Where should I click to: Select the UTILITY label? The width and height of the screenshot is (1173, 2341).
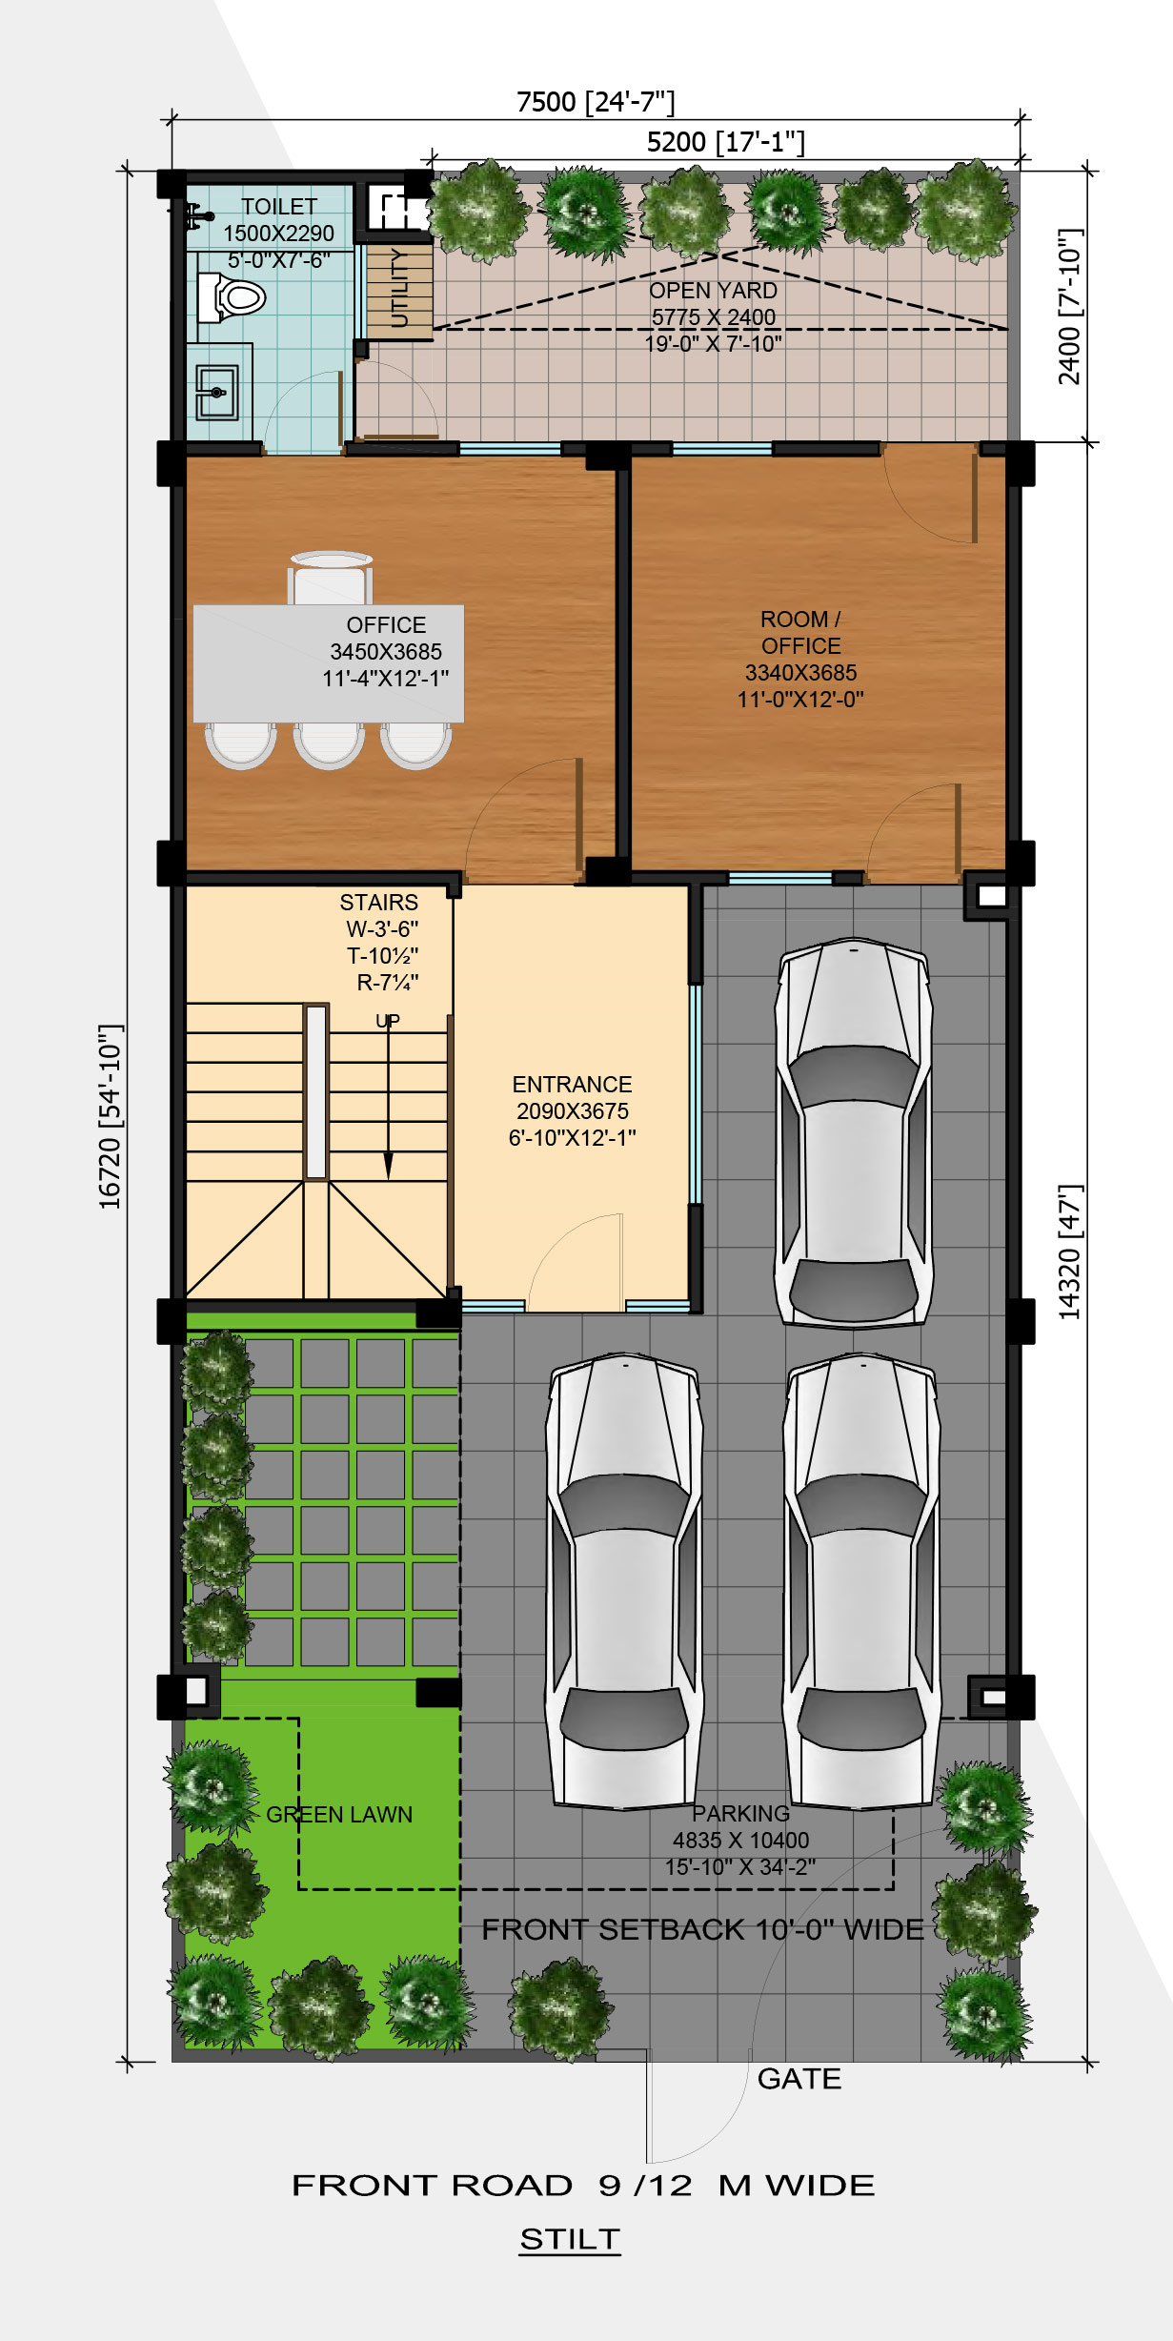pos(400,287)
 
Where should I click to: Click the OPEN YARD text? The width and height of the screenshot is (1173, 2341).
pos(714,291)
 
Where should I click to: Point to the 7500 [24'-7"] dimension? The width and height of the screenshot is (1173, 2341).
pos(596,101)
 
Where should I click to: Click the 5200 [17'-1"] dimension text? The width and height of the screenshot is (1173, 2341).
pos(726,142)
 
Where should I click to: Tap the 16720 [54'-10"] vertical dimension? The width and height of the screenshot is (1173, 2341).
pos(111,1117)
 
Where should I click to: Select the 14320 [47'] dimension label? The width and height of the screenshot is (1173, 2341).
pos(1070,1252)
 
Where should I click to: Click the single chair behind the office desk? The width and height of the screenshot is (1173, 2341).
pos(330,578)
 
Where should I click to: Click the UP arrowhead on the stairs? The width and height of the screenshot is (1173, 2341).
pos(388,1166)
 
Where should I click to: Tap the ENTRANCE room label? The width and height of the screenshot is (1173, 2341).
pos(572,1085)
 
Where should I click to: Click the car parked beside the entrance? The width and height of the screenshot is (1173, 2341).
pos(853,1132)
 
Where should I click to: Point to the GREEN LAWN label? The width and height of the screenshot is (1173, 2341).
pos(339,1815)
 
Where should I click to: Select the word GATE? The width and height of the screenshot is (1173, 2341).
pos(799,2079)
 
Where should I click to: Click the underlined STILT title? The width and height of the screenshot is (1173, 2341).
pos(570,2239)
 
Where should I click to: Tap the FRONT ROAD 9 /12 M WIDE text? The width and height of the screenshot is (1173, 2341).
pos(583,2186)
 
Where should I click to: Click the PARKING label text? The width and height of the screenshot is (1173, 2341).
pos(740,1814)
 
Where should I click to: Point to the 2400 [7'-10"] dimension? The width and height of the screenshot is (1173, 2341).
pos(1070,307)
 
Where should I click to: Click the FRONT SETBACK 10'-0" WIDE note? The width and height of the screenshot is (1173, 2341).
pos(702,1930)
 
